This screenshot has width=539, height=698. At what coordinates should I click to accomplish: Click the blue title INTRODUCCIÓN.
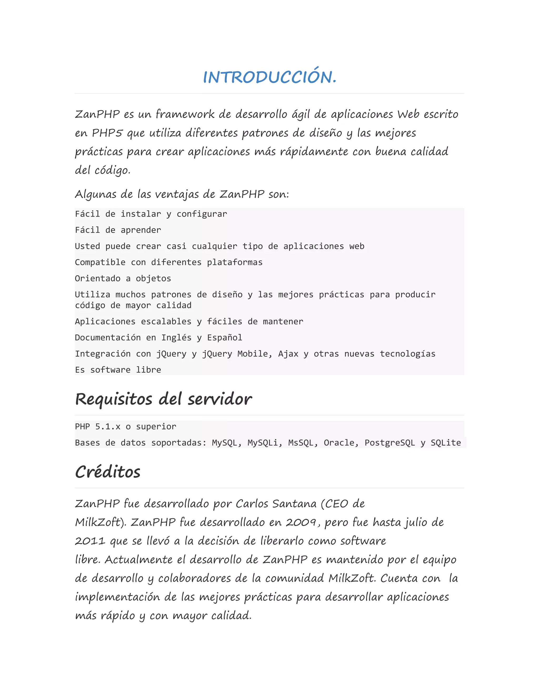click(270, 77)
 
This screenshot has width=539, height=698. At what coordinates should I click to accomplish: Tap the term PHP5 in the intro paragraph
click(107, 133)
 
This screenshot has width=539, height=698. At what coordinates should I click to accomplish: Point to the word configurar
click(202, 214)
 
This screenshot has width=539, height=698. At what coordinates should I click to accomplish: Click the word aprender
click(141, 230)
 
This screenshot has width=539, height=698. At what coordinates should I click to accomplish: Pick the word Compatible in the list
click(100, 262)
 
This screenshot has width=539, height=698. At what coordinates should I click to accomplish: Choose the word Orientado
click(97, 278)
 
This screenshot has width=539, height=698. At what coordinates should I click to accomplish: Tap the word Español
click(224, 338)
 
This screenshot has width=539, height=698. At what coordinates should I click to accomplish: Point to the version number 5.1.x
click(108, 427)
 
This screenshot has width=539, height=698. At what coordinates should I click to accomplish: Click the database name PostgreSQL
click(390, 443)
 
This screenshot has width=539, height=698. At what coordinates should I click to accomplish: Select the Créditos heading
click(108, 472)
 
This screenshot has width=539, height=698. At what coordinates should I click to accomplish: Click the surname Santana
click(293, 504)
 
